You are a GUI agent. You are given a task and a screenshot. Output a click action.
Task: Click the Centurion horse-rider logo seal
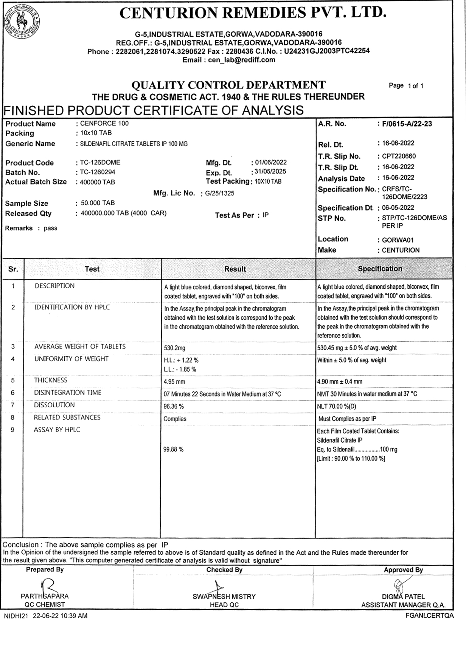click(x=22, y=22)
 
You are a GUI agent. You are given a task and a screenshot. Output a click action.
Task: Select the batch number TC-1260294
click(x=98, y=172)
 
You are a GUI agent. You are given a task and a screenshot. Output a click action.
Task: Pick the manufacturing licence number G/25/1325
click(x=219, y=193)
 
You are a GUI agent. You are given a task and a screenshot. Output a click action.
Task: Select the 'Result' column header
click(x=235, y=269)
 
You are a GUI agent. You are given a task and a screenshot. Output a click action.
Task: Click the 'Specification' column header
click(x=380, y=269)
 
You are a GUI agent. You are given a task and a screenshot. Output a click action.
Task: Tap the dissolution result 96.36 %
click(x=174, y=407)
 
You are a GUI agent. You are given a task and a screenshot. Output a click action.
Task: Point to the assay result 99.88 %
click(x=173, y=450)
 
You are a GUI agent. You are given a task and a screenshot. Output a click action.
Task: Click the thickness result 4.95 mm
click(x=174, y=382)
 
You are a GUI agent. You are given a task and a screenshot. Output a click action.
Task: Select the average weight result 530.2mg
click(x=174, y=348)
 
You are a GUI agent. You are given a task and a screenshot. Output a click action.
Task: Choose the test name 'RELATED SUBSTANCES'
click(x=67, y=418)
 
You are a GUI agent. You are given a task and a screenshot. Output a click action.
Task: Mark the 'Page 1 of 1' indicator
click(x=406, y=86)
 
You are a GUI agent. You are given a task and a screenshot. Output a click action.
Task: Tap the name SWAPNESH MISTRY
click(x=224, y=597)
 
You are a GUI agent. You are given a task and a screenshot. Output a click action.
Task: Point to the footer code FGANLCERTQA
click(x=429, y=616)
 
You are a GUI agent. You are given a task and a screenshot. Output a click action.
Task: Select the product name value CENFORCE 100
click(x=104, y=123)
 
